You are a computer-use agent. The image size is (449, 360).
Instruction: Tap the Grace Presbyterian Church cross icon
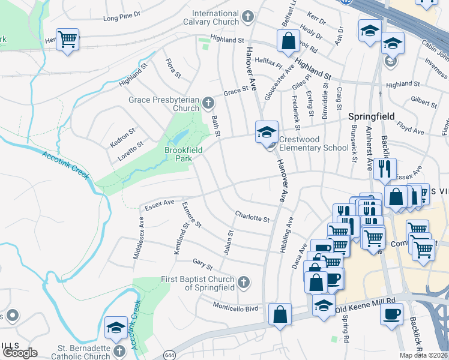(208, 102)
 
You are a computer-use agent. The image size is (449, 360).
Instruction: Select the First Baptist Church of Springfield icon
(243, 282)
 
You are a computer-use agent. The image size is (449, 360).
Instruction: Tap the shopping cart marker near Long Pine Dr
(67, 40)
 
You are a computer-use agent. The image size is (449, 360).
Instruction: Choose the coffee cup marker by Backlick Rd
(391, 314)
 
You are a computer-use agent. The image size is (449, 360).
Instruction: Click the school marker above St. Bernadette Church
(116, 328)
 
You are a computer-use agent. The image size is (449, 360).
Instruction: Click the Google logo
(20, 352)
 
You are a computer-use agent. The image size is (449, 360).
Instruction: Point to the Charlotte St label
(252, 217)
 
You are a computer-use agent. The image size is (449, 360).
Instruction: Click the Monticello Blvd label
(236, 306)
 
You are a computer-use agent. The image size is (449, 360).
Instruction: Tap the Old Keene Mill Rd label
(366, 304)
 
